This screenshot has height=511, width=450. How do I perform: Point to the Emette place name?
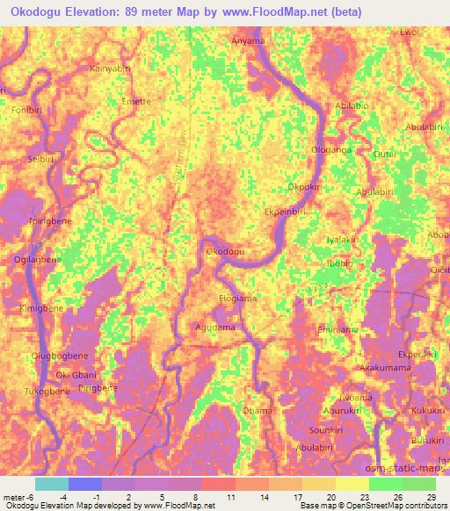[136, 102]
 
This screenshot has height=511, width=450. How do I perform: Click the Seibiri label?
[41, 159]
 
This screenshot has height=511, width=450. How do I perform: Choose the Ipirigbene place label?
[50, 221]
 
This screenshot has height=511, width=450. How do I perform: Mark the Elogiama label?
[237, 299]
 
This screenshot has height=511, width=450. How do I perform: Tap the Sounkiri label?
[326, 430]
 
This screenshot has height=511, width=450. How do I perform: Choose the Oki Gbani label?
[76, 375]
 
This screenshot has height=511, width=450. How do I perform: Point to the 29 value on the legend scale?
[430, 497]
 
